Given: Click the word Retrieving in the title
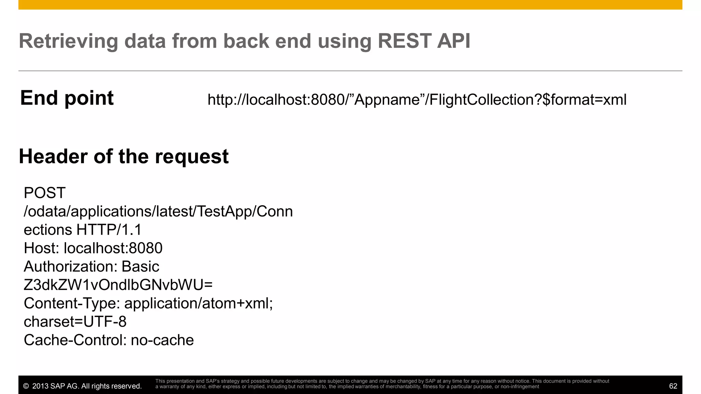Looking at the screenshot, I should (x=68, y=41).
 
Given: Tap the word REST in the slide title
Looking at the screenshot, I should (x=404, y=41).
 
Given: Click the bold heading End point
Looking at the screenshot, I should (x=67, y=98).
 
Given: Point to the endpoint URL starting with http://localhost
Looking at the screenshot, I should (x=417, y=100).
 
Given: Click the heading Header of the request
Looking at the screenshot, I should (x=124, y=157).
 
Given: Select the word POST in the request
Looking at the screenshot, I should (x=44, y=193).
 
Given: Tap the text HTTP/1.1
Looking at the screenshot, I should (x=109, y=230).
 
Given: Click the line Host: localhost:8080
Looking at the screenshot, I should (x=93, y=248).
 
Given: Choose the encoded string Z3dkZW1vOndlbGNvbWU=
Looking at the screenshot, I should (x=118, y=285).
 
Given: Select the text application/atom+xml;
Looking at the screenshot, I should (x=199, y=303).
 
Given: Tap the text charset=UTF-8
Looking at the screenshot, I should (x=75, y=322).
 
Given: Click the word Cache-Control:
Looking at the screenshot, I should (x=75, y=340).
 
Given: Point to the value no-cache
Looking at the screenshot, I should (x=162, y=340).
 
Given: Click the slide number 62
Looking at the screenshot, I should (x=673, y=386).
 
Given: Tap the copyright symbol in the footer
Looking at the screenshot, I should (x=26, y=386).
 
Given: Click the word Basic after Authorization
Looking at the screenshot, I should (x=140, y=267).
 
